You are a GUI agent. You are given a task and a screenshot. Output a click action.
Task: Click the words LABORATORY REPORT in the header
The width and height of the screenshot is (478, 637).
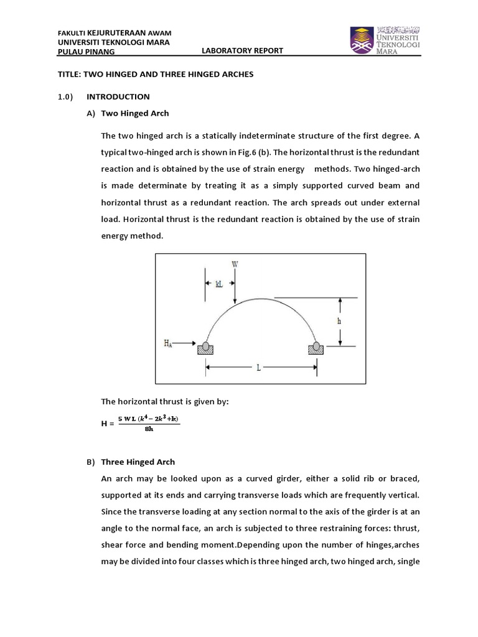pyautogui.click(x=243, y=51)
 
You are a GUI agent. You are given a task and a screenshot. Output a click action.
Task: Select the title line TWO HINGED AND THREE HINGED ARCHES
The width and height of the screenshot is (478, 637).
pyautogui.click(x=156, y=74)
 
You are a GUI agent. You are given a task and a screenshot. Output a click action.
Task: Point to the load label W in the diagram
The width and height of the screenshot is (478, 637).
pyautogui.click(x=235, y=264)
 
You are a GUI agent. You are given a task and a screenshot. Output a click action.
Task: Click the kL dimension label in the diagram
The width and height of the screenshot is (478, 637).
pyautogui.click(x=219, y=283)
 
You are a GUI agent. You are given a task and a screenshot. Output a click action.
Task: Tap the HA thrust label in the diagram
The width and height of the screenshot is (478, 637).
pyautogui.click(x=168, y=343)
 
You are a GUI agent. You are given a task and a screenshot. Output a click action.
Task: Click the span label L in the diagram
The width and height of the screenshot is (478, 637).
pyautogui.click(x=258, y=368)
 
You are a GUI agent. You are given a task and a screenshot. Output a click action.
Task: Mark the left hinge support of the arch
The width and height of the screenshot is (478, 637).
pyautogui.click(x=205, y=347)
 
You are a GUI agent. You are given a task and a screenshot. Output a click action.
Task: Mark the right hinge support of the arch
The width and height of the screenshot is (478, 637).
pyautogui.click(x=316, y=347)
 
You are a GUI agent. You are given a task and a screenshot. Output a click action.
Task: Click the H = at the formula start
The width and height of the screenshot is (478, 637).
pyautogui.click(x=108, y=424)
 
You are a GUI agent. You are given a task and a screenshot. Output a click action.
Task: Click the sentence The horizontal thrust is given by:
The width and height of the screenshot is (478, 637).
pyautogui.click(x=165, y=402)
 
